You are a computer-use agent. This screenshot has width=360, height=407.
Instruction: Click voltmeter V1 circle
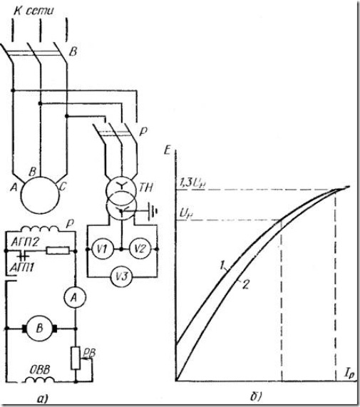(x=103, y=249)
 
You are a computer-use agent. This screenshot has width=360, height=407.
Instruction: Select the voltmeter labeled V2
(x=140, y=249)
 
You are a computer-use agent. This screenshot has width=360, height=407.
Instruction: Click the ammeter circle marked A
(x=75, y=298)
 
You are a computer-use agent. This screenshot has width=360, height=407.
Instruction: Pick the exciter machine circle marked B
(x=39, y=329)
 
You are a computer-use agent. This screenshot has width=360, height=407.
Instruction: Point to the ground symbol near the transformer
(x=153, y=210)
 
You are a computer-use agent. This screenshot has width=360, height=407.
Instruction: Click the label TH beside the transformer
(x=146, y=187)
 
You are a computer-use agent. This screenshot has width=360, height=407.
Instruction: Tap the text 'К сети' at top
(x=34, y=11)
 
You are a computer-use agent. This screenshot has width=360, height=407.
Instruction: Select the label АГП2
(x=25, y=242)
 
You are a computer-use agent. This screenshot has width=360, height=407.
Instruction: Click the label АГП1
(x=22, y=267)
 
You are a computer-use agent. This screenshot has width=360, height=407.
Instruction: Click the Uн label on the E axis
(x=185, y=214)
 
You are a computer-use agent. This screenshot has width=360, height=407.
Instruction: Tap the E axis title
(x=168, y=150)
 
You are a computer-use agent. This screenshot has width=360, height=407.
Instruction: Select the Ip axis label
(x=349, y=374)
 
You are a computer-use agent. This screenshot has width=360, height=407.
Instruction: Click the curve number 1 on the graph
(x=222, y=266)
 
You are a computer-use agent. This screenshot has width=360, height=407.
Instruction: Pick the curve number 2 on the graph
(x=245, y=284)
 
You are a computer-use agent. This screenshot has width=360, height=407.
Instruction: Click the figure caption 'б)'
(x=257, y=396)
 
